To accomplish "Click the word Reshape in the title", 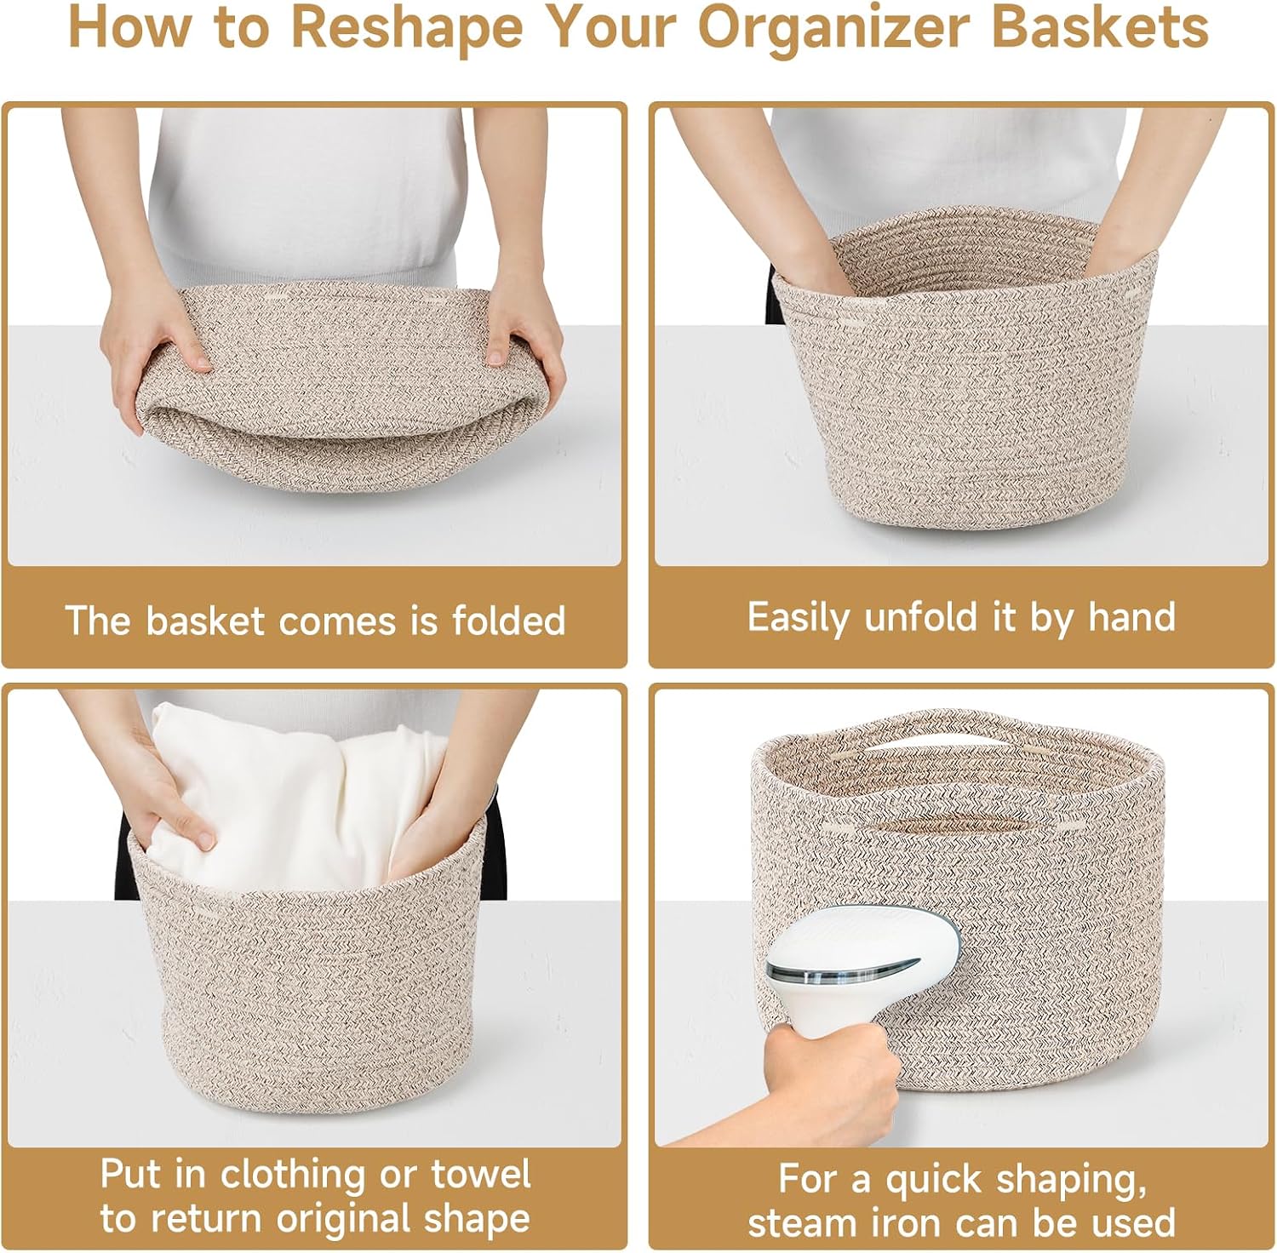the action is [407, 29].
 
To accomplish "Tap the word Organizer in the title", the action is [833, 29].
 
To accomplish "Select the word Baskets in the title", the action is [1100, 27].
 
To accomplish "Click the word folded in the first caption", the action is [508, 620].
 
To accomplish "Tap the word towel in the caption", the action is [481, 1174].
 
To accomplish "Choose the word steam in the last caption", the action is [801, 1223].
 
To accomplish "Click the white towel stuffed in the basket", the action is [289, 796].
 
